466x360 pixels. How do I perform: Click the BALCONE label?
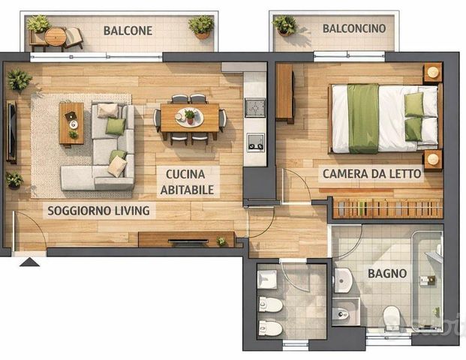[x=128, y=31]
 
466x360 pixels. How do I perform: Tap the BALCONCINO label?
[x=354, y=28]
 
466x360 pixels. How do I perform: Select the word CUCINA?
[x=185, y=174]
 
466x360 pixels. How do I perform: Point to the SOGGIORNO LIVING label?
[x=98, y=211]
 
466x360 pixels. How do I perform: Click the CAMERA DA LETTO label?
[x=371, y=174]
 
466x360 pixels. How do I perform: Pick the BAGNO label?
[x=387, y=273]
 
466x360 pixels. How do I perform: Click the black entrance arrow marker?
[x=29, y=262]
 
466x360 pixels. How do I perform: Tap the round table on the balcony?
[x=56, y=37]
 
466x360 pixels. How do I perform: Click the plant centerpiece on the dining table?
[x=190, y=116]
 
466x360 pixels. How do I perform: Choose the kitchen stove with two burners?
[x=256, y=142]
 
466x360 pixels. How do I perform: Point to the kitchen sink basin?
[x=255, y=108]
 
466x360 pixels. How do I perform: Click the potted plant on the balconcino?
[x=284, y=25]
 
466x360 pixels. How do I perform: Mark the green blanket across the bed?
[x=363, y=118]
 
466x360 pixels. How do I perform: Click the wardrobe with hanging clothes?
[x=387, y=208]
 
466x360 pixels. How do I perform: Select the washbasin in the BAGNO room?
[x=344, y=280]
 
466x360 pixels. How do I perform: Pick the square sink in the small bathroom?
[x=267, y=280]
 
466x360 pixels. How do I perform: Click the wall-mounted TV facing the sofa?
[x=11, y=132]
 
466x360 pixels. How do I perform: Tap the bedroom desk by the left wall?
[x=284, y=92]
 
